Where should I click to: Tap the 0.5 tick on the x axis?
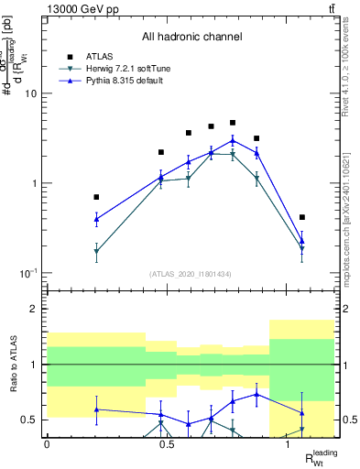167,444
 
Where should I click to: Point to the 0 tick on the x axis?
47,444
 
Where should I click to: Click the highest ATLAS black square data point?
233,123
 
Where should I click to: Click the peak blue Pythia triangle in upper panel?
233,140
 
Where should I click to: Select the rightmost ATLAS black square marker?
302,217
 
